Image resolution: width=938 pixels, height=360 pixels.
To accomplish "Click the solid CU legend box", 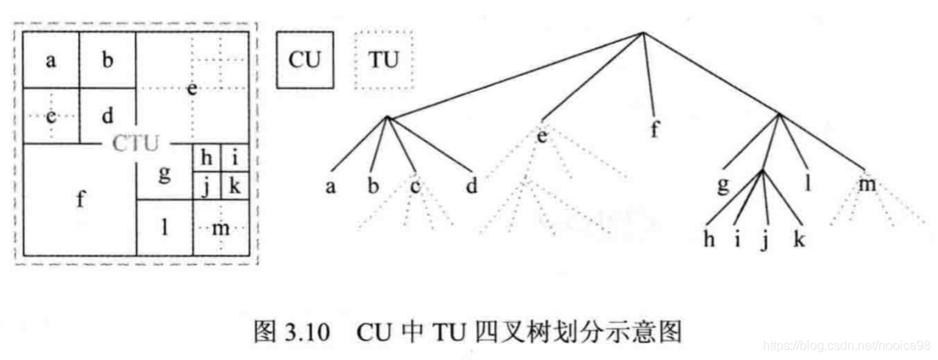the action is pos(304,60).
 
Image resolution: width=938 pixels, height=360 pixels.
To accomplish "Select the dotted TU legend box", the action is pos(382,60).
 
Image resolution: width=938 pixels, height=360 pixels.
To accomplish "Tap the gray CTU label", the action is pos(135,144).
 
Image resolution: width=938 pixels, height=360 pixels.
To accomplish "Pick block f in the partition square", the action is pos(80,199).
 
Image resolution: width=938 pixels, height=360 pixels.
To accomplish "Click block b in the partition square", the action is pos(107,61).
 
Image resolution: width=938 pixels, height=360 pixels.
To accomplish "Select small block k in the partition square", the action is pos(234,186).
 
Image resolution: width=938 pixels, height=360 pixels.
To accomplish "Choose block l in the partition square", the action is pos(164,228).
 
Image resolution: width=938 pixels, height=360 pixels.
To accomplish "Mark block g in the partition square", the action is pos(164,173).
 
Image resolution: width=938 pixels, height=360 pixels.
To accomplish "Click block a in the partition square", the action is pos(51,61).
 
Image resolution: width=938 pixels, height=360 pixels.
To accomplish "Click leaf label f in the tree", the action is pos(655,131).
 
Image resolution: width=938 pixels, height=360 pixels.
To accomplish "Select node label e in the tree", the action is pos(542,135).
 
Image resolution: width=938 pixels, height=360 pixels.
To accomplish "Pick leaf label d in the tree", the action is pos(471,188).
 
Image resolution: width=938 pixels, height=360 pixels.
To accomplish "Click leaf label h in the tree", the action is pos(709,239).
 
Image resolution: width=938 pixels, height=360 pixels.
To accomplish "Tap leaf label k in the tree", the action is pos(799,239).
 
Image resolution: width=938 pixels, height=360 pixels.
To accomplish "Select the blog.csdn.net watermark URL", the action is pos(846,345).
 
